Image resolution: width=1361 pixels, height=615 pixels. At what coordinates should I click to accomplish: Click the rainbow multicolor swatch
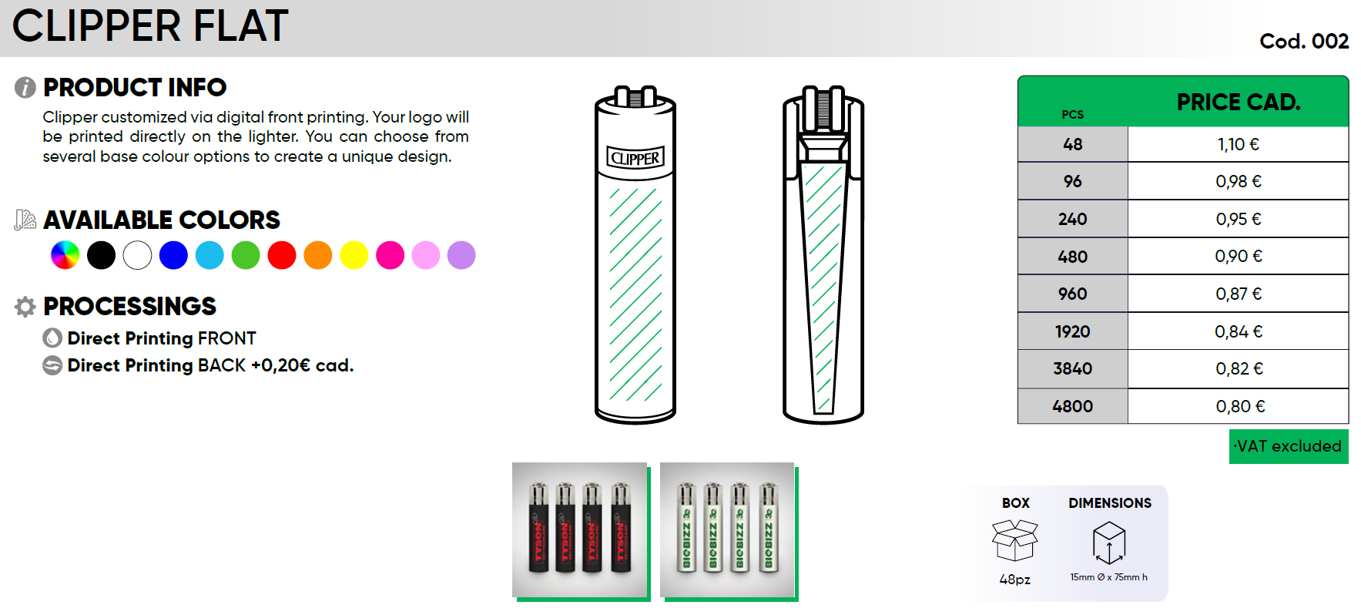tap(65, 255)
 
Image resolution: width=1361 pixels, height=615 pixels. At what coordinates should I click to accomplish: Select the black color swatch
tap(101, 255)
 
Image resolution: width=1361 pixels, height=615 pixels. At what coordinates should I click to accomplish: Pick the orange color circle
tap(318, 255)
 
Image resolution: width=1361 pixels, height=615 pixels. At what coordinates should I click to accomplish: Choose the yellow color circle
tap(354, 255)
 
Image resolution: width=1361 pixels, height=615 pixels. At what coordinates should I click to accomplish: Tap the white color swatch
tap(137, 255)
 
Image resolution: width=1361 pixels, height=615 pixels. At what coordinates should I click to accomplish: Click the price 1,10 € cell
tap(1238, 144)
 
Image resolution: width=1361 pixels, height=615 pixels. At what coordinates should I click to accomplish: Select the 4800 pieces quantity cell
tap(1073, 406)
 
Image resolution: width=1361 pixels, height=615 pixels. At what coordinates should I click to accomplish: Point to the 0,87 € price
tap(1239, 294)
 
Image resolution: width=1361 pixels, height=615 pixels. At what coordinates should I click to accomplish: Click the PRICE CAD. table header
tap(1239, 102)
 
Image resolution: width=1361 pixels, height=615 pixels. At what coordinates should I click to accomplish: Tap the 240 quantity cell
tap(1073, 219)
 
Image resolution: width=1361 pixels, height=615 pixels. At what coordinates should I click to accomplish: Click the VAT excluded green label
tap(1289, 446)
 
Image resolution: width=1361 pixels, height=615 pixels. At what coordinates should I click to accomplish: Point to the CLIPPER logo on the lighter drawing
tap(635, 158)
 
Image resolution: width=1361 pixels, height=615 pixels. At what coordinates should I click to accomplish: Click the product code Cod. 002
tap(1304, 41)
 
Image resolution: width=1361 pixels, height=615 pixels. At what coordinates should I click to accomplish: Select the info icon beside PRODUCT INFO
tap(25, 88)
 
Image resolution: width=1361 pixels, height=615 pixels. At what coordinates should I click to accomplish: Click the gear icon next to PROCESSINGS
tap(25, 307)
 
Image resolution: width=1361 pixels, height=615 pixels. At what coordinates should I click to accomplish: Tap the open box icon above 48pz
tap(1015, 539)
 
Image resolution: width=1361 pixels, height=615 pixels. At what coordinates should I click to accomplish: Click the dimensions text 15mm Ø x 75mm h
tap(1108, 577)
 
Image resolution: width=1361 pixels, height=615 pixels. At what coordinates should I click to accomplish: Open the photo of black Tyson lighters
tap(580, 530)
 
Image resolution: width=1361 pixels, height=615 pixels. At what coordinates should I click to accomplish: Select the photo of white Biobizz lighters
tap(727, 530)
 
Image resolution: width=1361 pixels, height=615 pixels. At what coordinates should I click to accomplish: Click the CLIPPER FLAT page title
tap(150, 25)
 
